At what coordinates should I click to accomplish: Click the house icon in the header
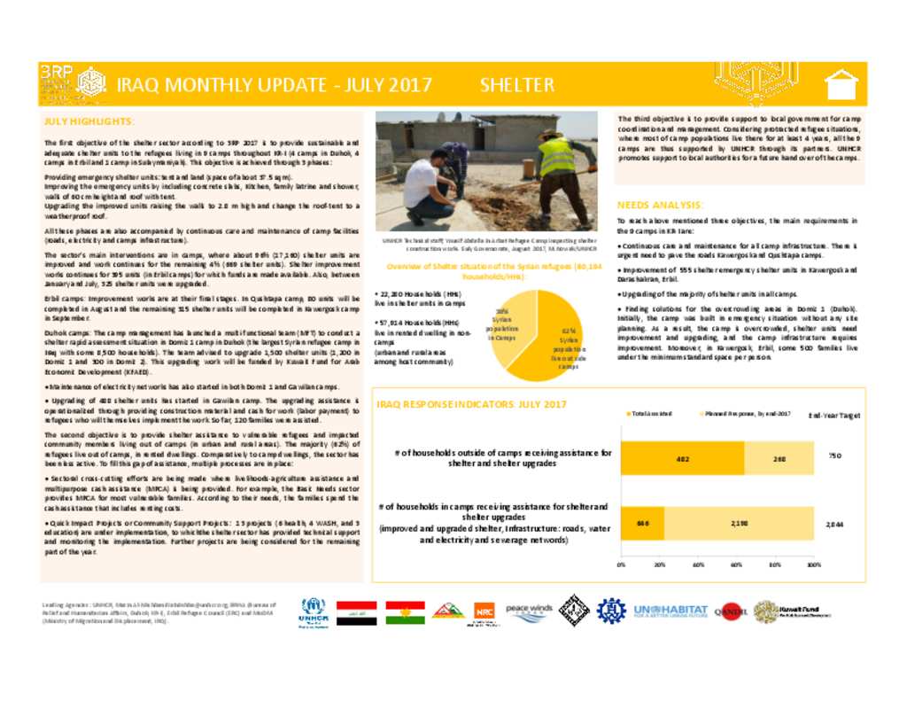tap(841, 85)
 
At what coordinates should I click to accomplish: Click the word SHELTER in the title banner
tap(517, 85)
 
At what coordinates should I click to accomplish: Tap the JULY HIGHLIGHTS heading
tap(89, 121)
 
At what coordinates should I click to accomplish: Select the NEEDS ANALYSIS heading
tap(660, 205)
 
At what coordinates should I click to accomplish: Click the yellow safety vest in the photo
tap(556, 157)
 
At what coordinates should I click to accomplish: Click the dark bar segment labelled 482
tap(682, 458)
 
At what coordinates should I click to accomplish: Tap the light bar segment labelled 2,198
tap(739, 524)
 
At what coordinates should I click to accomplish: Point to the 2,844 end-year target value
tap(834, 524)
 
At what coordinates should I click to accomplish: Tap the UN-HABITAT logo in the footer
tap(671, 611)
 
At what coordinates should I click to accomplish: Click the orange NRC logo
tap(484, 611)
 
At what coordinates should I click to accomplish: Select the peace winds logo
tap(529, 610)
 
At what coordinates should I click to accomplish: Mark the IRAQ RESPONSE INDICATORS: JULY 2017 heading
tap(471, 404)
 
